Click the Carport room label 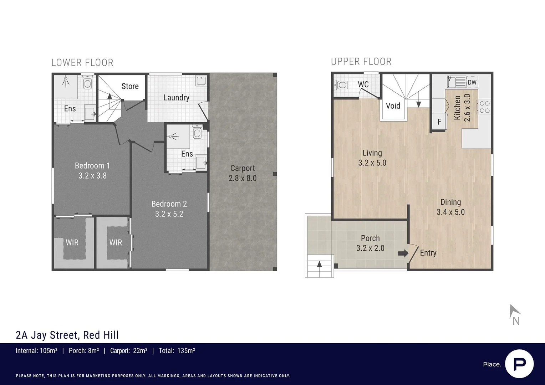[x=243, y=168]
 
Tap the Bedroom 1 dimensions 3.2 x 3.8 [x=92, y=176]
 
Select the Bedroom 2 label [x=169, y=204]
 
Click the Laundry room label [x=176, y=98]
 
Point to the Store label [x=130, y=86]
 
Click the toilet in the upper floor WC [x=342, y=85]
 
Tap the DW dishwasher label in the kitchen [x=472, y=82]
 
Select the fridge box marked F [x=439, y=122]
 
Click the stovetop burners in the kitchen [x=485, y=107]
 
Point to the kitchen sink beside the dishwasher [x=455, y=82]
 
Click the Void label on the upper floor [x=393, y=106]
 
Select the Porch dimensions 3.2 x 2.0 [x=370, y=248]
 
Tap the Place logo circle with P [x=519, y=364]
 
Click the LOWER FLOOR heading [x=82, y=63]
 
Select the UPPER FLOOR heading [x=361, y=62]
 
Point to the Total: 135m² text [x=177, y=351]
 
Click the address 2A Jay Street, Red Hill [x=67, y=335]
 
